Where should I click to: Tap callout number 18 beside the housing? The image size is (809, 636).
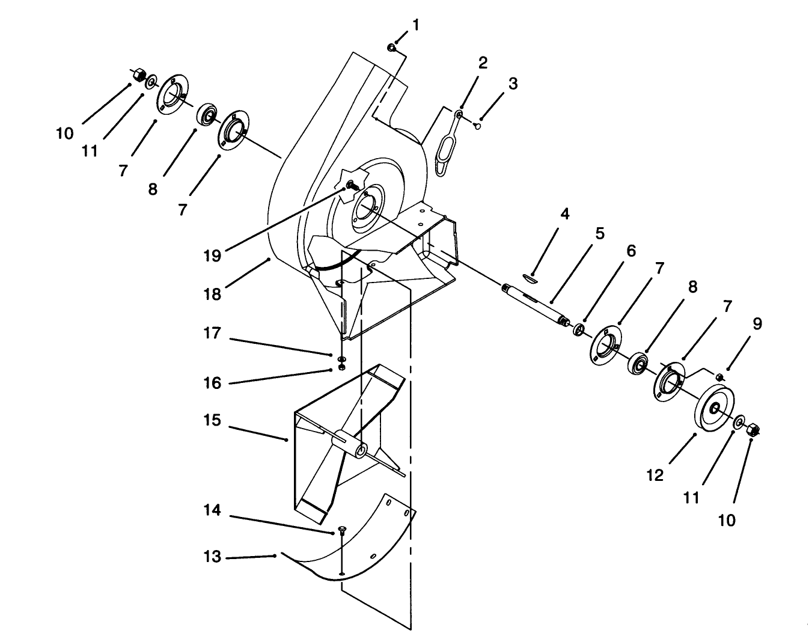click(x=212, y=294)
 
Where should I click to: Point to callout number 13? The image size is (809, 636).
click(x=212, y=557)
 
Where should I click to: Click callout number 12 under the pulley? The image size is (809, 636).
click(x=655, y=475)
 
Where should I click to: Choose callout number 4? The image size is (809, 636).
click(x=564, y=214)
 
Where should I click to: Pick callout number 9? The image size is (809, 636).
click(x=757, y=324)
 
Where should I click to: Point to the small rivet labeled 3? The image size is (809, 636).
click(x=477, y=126)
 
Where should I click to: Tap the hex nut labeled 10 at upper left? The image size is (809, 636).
click(x=138, y=75)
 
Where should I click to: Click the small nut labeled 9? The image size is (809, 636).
click(x=718, y=377)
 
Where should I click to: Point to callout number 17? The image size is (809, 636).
click(x=212, y=333)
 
